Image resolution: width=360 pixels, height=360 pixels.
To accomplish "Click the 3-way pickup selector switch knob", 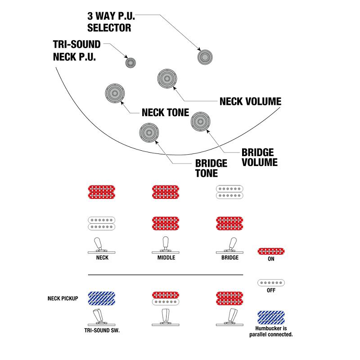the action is [205, 57].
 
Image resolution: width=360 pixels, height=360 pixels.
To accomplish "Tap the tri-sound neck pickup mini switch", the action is [130, 63].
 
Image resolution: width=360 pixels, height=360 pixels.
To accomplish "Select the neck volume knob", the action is [167, 78].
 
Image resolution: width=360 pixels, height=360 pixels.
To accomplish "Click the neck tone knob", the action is [115, 94].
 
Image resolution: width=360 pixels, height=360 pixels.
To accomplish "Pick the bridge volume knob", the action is [200, 121].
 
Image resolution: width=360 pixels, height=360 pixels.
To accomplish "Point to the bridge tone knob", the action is [149, 132].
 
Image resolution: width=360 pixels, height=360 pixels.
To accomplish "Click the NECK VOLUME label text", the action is [251, 102].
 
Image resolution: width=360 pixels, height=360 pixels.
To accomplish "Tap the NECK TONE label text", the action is [165, 112].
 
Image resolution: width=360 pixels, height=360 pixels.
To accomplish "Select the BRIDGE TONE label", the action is [211, 168].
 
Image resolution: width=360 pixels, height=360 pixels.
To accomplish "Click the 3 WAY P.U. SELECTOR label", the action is [111, 22].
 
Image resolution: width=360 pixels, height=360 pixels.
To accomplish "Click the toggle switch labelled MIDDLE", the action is [166, 245].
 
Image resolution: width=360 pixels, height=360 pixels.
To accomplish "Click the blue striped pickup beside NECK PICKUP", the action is [102, 298].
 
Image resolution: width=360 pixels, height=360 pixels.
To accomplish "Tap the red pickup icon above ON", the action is [271, 251].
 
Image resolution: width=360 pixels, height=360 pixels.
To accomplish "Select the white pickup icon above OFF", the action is [271, 283].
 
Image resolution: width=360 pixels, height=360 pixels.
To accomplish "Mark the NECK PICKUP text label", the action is [63, 298].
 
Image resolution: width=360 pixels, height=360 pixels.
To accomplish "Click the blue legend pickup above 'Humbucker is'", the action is [271, 318].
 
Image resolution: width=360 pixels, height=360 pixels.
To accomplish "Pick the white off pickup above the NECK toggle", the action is [102, 223].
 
